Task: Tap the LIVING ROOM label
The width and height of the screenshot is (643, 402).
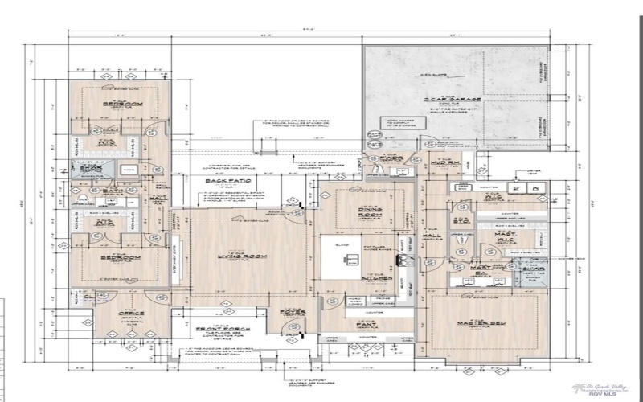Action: click(232, 256)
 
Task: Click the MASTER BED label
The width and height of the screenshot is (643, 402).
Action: click(474, 323)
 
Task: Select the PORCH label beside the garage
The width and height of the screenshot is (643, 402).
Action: click(390, 158)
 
